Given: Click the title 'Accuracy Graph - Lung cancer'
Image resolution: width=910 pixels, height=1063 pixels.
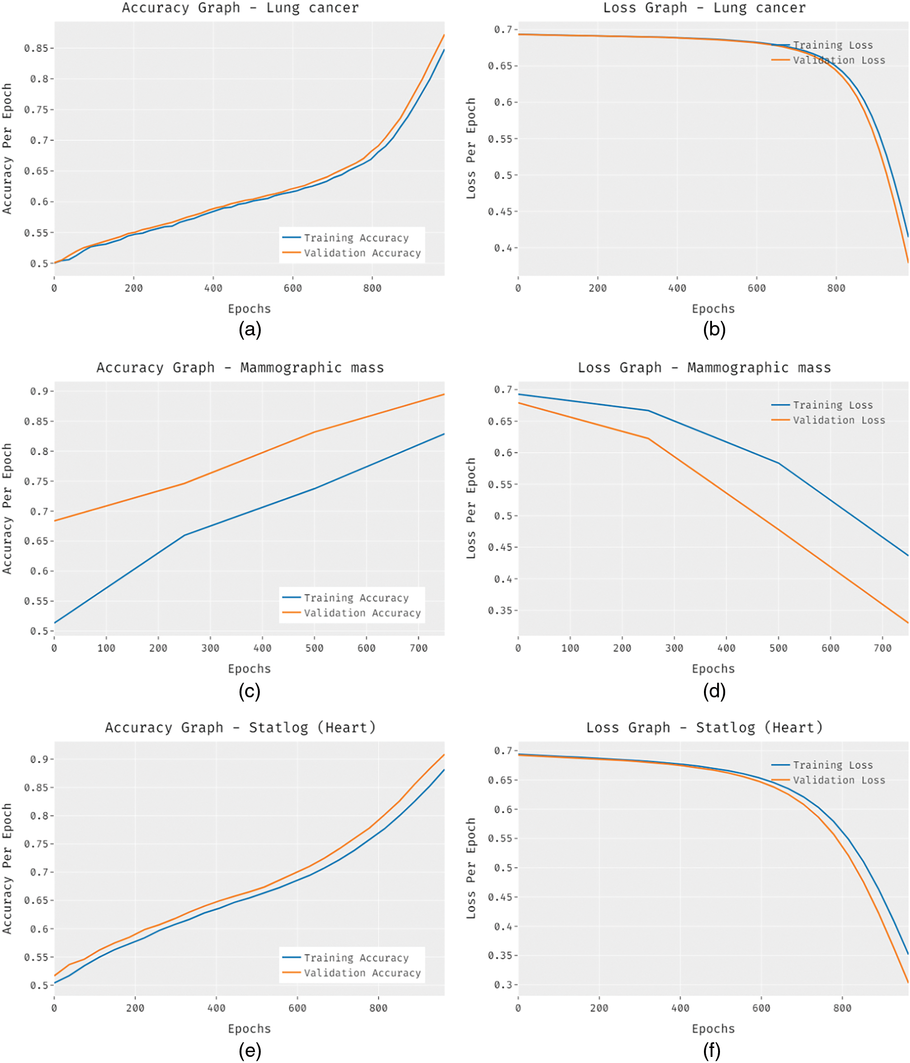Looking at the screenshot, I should point(240,8).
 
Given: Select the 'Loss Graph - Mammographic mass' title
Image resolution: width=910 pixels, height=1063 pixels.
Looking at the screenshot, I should point(703,368).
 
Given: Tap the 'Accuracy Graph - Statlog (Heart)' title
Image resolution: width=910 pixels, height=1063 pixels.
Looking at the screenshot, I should point(240,728).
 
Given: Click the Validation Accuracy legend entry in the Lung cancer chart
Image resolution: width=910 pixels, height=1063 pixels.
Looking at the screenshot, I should point(362,253).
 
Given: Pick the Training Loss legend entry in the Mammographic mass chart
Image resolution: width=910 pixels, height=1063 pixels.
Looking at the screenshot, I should point(832,405).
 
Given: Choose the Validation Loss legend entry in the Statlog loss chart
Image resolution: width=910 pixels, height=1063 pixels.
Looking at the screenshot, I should point(838,780).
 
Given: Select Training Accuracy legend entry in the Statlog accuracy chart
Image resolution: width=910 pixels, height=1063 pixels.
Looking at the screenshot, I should point(356,958).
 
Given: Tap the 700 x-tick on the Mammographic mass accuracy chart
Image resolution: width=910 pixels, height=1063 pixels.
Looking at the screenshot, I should point(419,648).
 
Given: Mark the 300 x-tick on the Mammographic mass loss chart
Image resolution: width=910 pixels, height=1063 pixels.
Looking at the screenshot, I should point(674,648).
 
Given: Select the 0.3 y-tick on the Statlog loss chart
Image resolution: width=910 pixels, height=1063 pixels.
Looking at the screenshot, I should point(503,984).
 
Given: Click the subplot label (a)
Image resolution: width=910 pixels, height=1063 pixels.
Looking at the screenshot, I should point(250,329).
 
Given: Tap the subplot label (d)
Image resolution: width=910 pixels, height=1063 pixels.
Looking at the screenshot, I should point(714,691).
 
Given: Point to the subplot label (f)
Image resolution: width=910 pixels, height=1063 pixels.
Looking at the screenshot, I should point(711,1051).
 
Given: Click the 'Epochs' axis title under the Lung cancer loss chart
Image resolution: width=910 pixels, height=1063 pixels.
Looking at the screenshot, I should point(713,309).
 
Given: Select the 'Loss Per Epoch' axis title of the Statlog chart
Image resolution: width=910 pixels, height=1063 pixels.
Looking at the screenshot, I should point(471,868).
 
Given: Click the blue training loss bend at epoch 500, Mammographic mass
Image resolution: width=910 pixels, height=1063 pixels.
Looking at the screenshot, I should point(778,463).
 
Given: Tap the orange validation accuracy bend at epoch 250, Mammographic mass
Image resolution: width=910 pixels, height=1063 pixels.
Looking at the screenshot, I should point(184,483).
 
